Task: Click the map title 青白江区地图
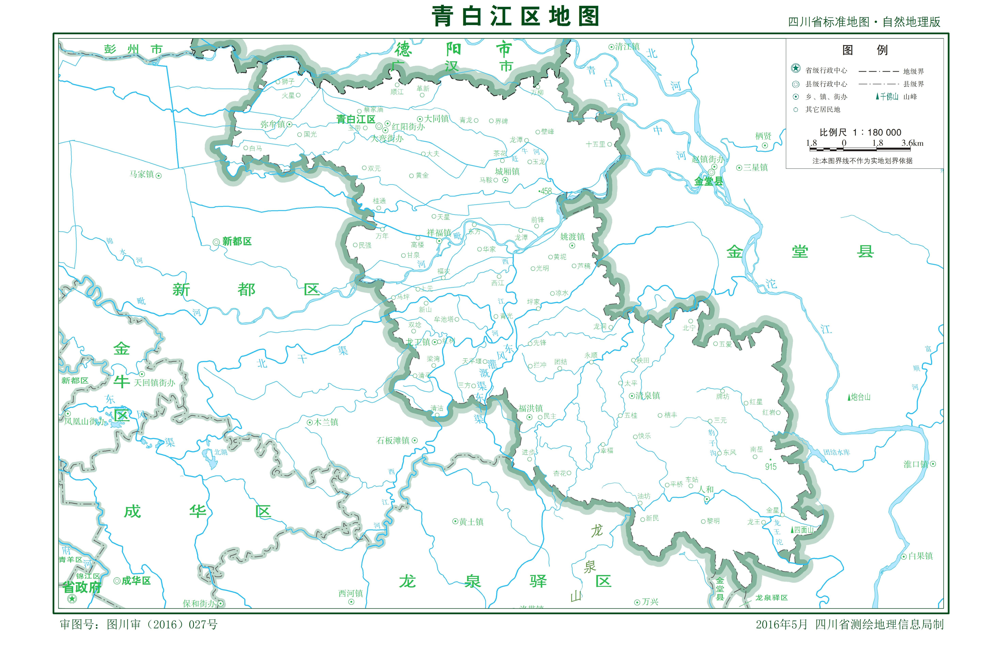click(515, 17)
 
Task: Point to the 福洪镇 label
click(531, 408)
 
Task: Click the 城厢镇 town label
click(507, 171)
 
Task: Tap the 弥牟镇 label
click(273, 124)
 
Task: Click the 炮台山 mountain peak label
click(860, 397)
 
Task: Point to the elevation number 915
click(771, 467)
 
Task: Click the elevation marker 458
click(546, 191)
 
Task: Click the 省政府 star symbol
click(72, 598)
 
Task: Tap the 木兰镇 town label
click(326, 422)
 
